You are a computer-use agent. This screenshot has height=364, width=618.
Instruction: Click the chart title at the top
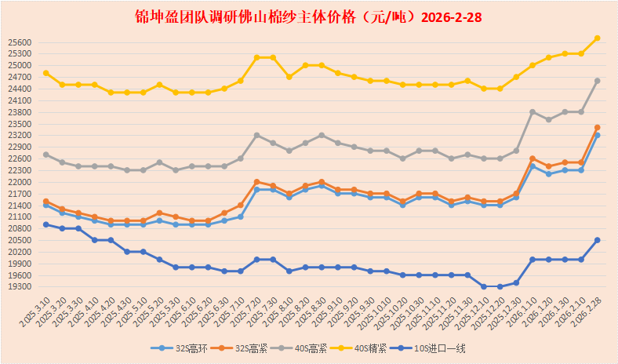tap(309, 16)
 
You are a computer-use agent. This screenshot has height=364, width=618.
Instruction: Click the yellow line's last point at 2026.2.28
tap(598, 38)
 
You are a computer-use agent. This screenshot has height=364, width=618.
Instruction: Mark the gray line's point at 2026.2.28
tap(598, 80)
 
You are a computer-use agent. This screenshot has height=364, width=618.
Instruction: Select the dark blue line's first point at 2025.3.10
tap(46, 224)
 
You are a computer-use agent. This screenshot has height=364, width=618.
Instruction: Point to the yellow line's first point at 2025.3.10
tap(46, 73)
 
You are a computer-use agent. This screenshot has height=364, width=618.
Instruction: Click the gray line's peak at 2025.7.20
tap(257, 135)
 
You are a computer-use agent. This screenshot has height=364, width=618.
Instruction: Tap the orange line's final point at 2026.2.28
tap(598, 127)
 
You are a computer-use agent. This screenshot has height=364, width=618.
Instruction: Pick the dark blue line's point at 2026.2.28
tap(598, 240)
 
